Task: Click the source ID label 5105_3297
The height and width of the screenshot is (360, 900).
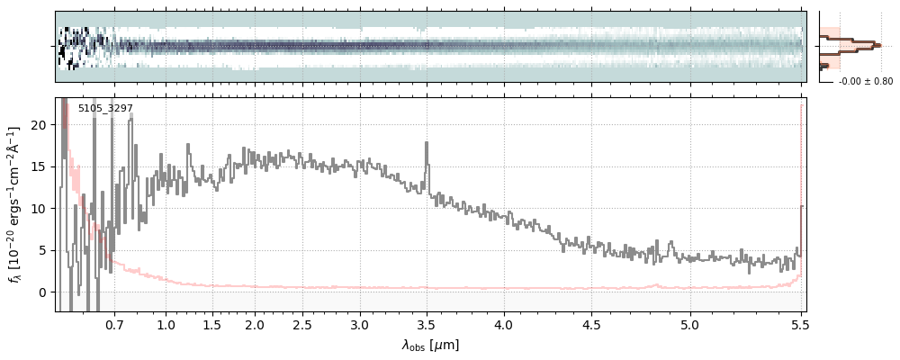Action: pyautogui.click(x=105, y=109)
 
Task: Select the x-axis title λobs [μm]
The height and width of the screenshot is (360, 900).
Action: pyautogui.click(x=430, y=345)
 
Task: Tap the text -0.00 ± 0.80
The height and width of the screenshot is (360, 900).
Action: pyautogui.click(x=865, y=82)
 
